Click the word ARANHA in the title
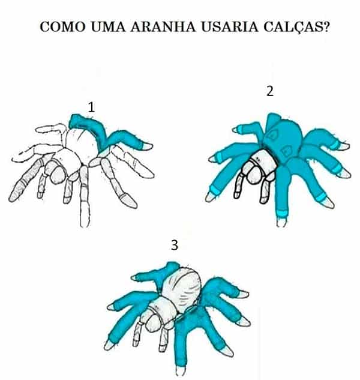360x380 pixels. click(x=163, y=26)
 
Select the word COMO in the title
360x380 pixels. click(x=63, y=26)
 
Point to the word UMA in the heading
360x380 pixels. click(x=108, y=26)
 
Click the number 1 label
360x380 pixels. click(x=91, y=107)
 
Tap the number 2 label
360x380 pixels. click(x=270, y=91)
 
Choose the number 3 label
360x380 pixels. click(x=175, y=245)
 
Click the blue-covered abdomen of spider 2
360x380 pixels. click(x=283, y=140)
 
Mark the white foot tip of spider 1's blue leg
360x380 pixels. click(x=148, y=146)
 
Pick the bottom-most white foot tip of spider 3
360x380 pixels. click(x=180, y=370)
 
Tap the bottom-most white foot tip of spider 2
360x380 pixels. click(x=281, y=222)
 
